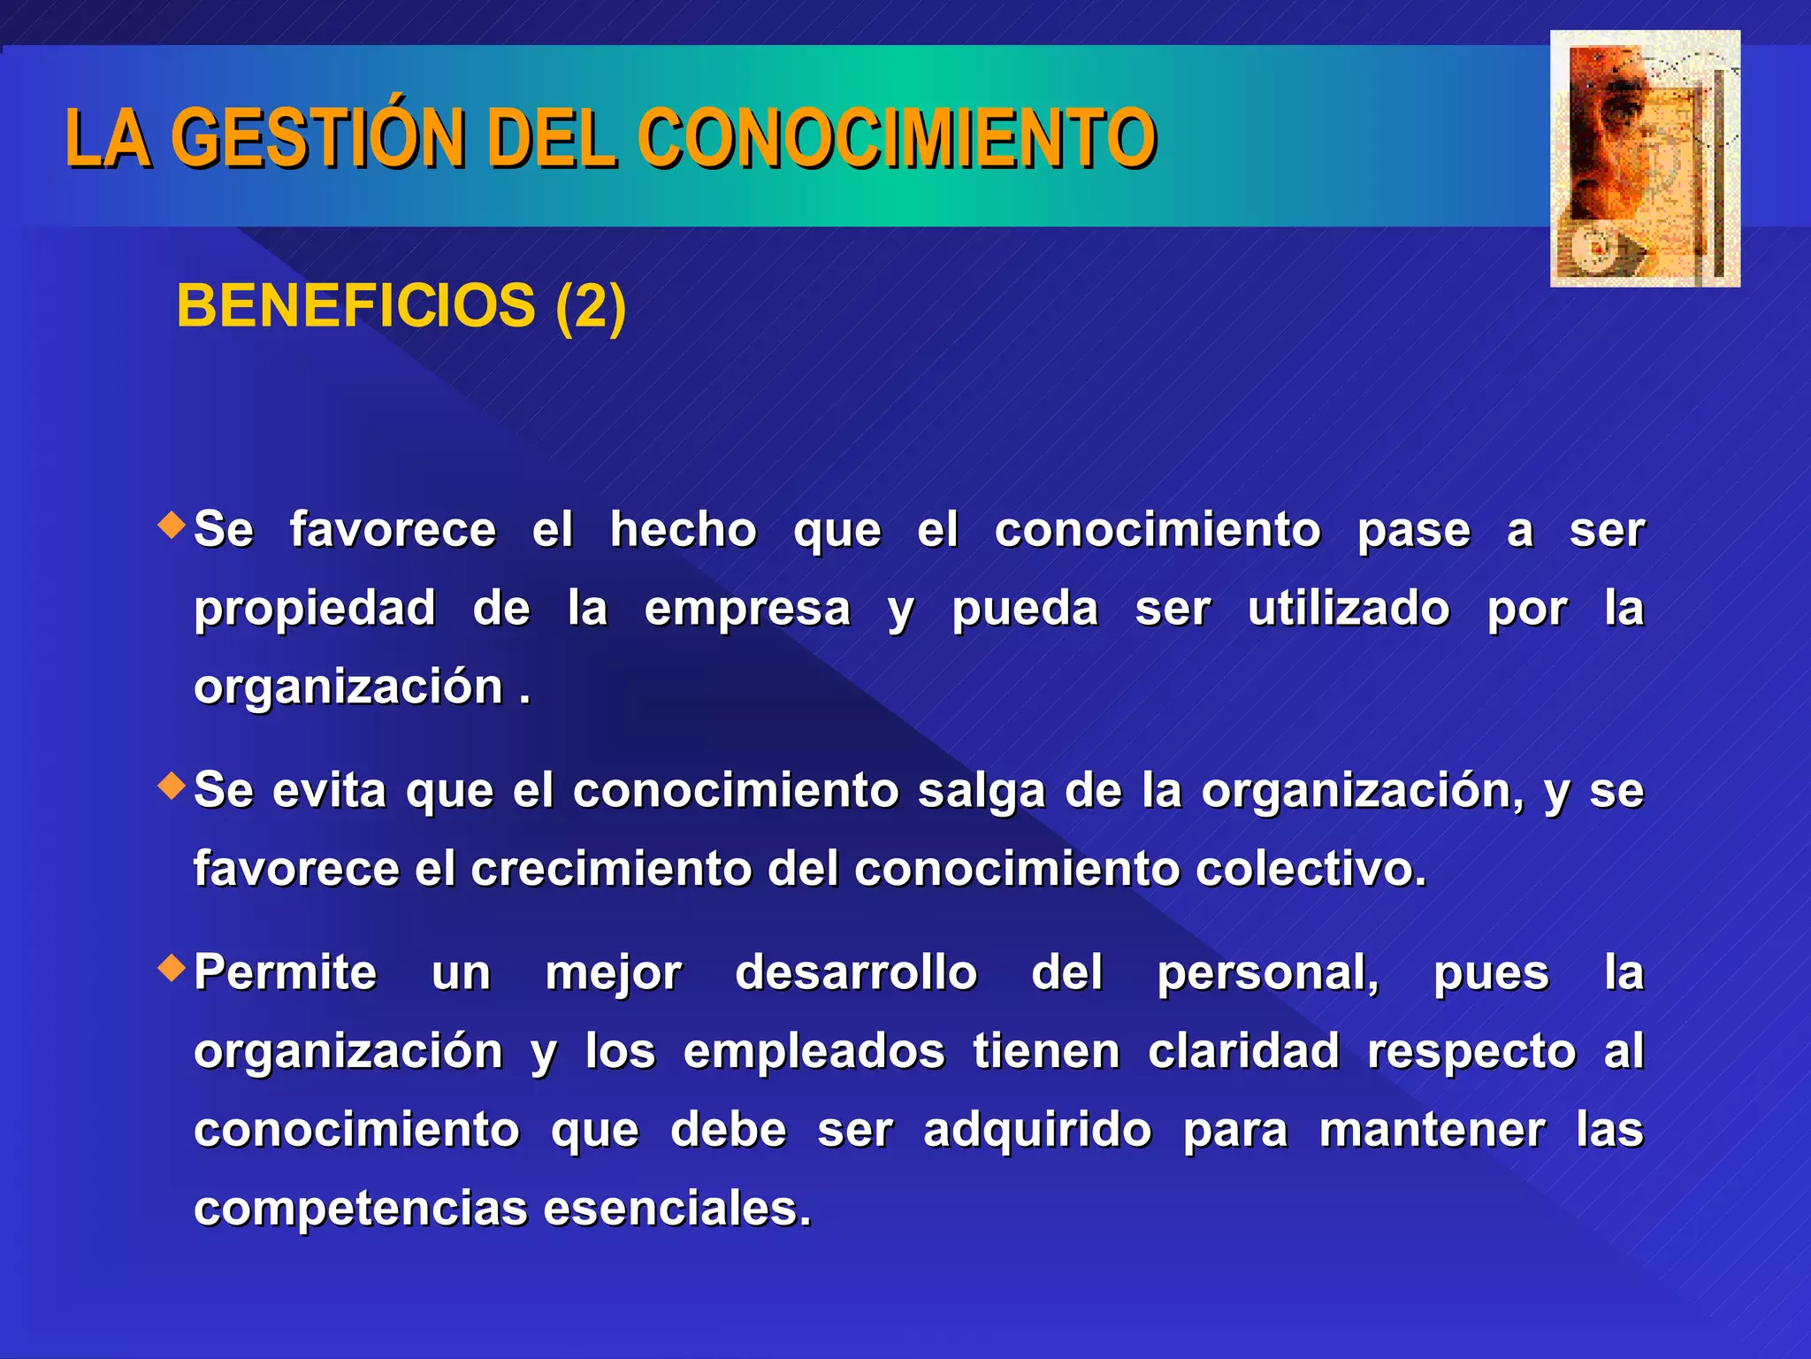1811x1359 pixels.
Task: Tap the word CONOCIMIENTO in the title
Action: tap(896, 138)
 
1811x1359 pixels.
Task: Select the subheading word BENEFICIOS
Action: tap(355, 306)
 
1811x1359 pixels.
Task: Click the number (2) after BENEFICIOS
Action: tap(591, 306)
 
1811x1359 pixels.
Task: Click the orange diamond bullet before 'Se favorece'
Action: tap(172, 525)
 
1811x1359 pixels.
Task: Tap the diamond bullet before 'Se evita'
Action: tap(172, 785)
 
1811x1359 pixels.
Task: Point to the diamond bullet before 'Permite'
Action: tap(172, 968)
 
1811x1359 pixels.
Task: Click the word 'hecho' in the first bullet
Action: tap(684, 531)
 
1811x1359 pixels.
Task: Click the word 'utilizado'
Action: tap(1349, 609)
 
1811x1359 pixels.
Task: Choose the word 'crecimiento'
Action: tap(611, 869)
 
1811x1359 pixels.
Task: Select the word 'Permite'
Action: tap(286, 973)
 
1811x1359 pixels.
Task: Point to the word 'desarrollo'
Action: tap(856, 973)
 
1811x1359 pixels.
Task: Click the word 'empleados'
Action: tap(814, 1052)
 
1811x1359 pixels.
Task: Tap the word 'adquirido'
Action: tap(1037, 1131)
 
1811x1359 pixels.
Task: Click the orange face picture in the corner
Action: tap(1645, 159)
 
